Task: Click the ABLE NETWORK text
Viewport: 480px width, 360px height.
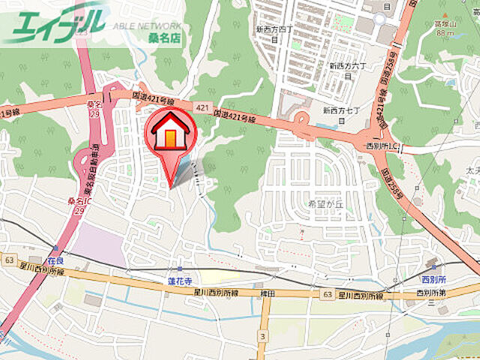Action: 147,25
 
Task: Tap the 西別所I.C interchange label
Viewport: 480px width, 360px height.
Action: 381,145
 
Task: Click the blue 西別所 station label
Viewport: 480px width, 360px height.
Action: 433,278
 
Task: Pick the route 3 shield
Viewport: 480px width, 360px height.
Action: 263,334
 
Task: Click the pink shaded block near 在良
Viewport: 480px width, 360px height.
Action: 99,244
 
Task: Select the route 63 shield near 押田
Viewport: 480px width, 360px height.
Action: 326,295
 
